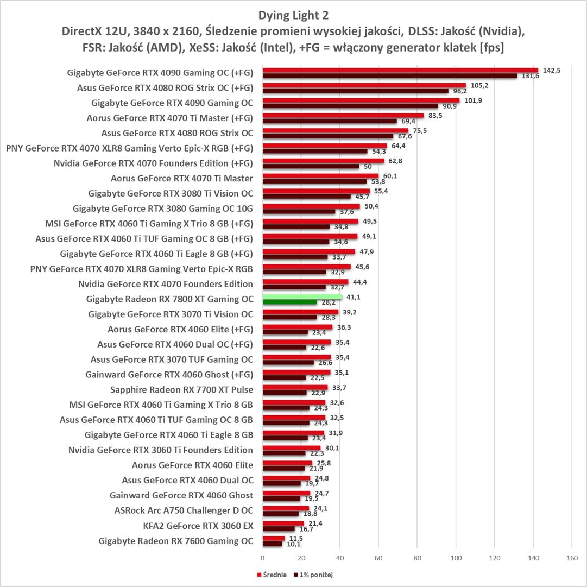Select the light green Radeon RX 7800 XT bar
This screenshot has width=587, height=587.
pos(302,296)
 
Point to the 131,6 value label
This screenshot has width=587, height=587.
pos(531,77)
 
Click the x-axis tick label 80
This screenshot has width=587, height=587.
pos(417,558)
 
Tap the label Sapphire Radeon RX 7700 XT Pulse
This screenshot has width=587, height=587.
pos(181,389)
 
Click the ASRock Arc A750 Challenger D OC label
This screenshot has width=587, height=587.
pos(184,510)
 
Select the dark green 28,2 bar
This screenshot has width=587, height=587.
pos(289,302)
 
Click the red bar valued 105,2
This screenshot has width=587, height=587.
pos(364,85)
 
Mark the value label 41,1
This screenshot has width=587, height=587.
pos(353,297)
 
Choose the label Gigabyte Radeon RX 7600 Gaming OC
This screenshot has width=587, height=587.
pos(176,541)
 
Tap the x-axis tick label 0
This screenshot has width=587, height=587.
pos(263,558)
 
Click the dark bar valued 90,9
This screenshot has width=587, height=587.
pos(350,106)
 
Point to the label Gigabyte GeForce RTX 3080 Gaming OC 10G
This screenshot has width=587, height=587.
pos(163,208)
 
